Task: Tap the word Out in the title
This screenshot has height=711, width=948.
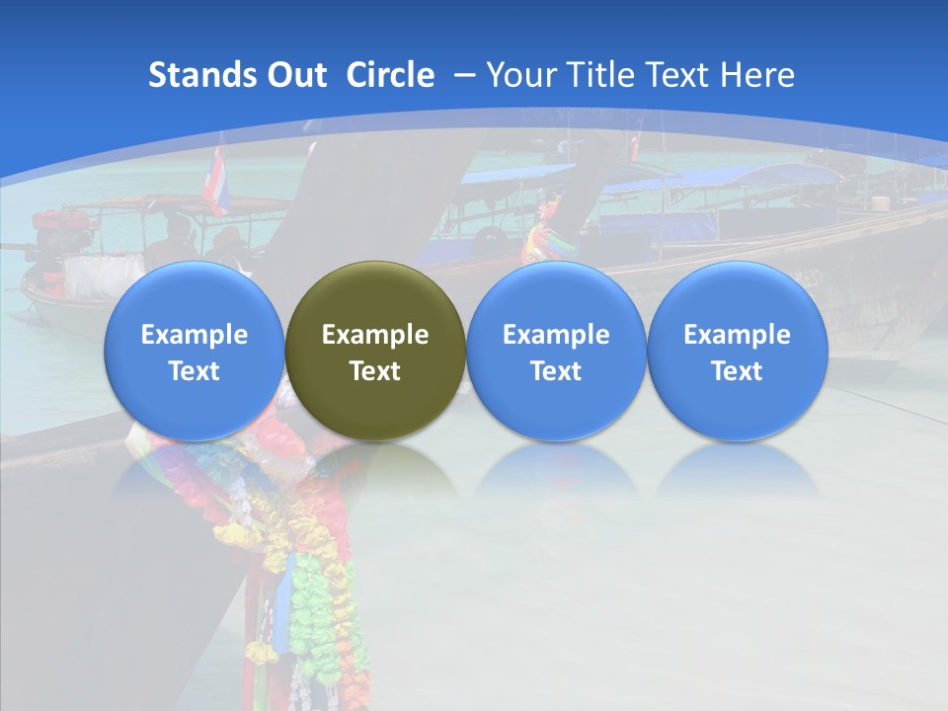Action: coord(293,75)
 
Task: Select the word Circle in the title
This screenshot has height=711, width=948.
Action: coord(390,75)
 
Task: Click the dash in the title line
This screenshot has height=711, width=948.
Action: coord(465,76)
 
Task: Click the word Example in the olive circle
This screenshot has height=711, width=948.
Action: coord(375,335)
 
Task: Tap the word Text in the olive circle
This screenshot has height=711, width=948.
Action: coord(375,371)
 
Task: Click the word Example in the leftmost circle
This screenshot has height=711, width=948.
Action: coord(195,335)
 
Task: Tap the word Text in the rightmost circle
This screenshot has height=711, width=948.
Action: coord(738,371)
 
